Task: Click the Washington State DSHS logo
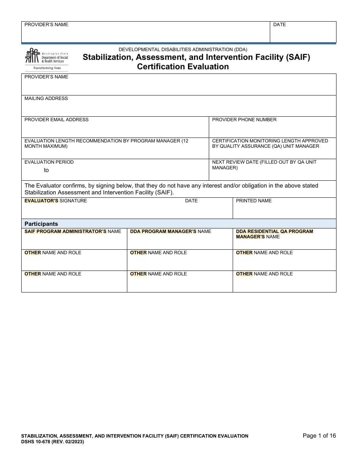pyautogui.click(x=46, y=56)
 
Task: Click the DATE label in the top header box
pyautogui.click(x=279, y=25)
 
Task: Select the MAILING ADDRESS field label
pyautogui.click(x=46, y=99)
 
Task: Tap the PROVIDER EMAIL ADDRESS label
pyautogui.click(x=56, y=120)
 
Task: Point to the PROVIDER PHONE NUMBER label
pyautogui.click(x=244, y=120)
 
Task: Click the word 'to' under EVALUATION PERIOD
pyautogui.click(x=46, y=170)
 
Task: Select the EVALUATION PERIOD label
pyautogui.click(x=49, y=162)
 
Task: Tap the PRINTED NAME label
pyautogui.click(x=254, y=201)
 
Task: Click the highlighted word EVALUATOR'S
pyautogui.click(x=41, y=201)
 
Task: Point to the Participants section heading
pyautogui.click(x=41, y=224)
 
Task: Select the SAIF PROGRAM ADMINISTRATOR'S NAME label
pyautogui.click(x=73, y=231)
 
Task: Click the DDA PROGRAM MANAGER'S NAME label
pyautogui.click(x=171, y=231)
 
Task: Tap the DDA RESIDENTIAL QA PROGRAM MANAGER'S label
pyautogui.click(x=274, y=234)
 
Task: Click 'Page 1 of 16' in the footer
pyautogui.click(x=319, y=436)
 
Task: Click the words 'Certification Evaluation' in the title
pyautogui.click(x=183, y=67)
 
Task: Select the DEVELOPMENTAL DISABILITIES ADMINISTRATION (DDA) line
pyautogui.click(x=183, y=50)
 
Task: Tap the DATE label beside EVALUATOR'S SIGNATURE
pyautogui.click(x=191, y=201)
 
